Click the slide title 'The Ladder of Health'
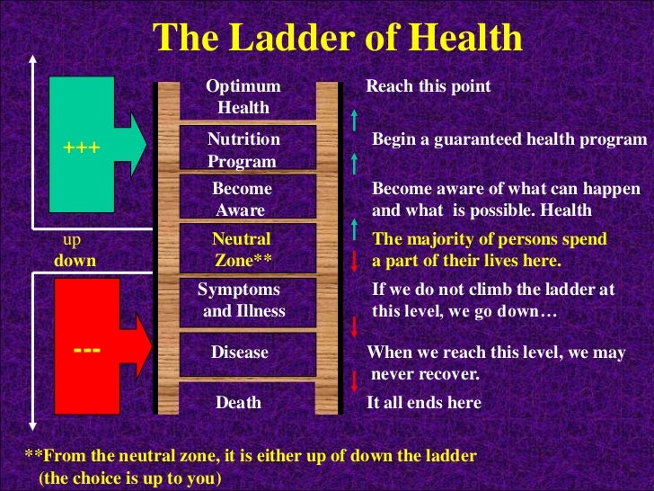click(x=338, y=38)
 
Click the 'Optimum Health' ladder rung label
click(x=243, y=97)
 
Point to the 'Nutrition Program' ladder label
click(x=243, y=150)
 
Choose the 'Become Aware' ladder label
click(x=241, y=200)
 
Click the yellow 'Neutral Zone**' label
click(x=241, y=250)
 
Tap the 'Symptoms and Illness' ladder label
click(x=241, y=301)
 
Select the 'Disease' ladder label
click(x=240, y=353)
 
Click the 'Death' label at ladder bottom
click(x=239, y=403)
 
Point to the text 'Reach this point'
click(x=429, y=87)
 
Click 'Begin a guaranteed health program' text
click(x=509, y=140)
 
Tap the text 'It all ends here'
click(x=424, y=403)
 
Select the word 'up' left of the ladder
click(x=71, y=241)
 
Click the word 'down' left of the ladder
click(x=75, y=261)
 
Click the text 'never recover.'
click(x=425, y=373)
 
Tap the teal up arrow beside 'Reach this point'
click(x=355, y=118)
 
